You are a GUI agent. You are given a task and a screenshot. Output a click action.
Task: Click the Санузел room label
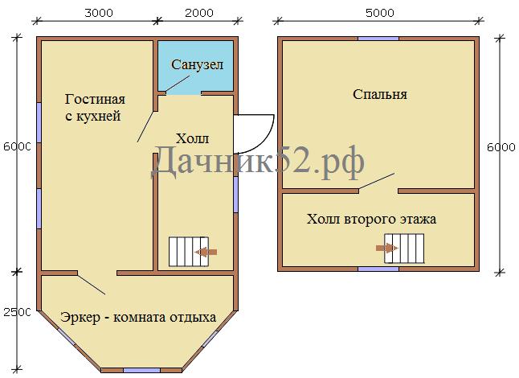[198, 64]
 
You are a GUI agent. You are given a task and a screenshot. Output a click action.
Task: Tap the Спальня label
[380, 94]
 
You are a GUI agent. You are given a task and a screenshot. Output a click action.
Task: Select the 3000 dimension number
[99, 13]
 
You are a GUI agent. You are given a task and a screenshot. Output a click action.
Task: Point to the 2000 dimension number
[199, 13]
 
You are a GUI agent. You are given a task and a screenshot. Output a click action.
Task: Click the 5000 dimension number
[380, 13]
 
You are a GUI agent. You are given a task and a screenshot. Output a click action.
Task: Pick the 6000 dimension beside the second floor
[501, 147]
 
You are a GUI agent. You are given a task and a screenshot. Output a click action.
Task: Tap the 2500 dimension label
[17, 312]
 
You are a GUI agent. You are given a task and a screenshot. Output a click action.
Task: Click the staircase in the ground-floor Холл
[189, 252]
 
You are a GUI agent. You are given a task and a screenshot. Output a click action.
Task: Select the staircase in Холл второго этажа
[404, 249]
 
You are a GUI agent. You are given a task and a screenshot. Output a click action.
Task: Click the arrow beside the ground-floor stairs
[206, 252]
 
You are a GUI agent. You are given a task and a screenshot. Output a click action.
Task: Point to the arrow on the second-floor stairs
[387, 249]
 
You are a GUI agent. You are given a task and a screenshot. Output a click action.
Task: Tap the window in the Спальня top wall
[378, 39]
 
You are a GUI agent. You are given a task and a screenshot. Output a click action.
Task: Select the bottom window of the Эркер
[141, 371]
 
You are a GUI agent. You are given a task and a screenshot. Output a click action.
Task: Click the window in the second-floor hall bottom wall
[378, 269]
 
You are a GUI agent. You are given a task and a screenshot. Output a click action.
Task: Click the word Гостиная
[95, 100]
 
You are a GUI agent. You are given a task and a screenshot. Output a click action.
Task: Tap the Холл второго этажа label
[371, 220]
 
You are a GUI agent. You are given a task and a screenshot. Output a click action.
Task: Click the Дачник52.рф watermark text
[258, 162]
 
